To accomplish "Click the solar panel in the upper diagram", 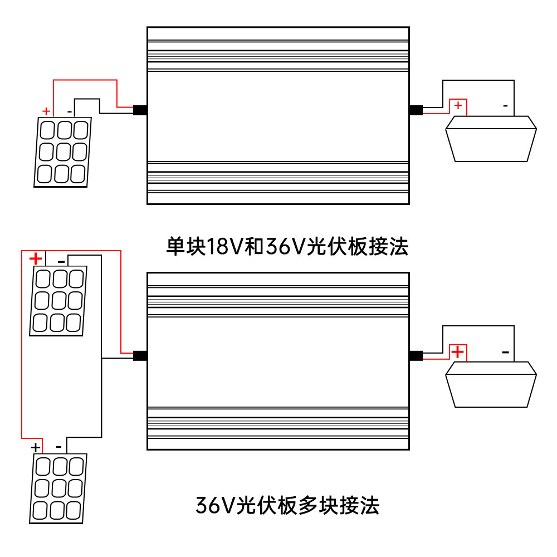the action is (x=62, y=152).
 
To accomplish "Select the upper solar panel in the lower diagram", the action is (x=58, y=301).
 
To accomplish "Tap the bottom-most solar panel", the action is (x=58, y=488).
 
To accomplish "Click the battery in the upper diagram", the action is (x=491, y=139).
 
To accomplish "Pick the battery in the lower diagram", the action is (x=491, y=384).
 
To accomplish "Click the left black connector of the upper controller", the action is (x=140, y=110).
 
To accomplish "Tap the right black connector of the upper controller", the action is (x=416, y=110).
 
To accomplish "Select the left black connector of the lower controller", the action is (x=140, y=356).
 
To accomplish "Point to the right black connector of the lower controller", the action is (x=416, y=356).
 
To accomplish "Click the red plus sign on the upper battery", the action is (x=458, y=105).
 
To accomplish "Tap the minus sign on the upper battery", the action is (x=506, y=105).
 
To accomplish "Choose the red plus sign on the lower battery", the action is (x=458, y=352).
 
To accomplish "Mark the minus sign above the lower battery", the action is (x=506, y=352).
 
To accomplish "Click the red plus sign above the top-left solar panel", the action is (x=46, y=111).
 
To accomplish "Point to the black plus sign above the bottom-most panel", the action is (x=36, y=447).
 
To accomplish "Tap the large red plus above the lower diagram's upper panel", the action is (x=36, y=258).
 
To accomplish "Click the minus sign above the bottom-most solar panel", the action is (x=59, y=447).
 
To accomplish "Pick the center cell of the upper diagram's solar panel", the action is (x=64, y=152).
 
